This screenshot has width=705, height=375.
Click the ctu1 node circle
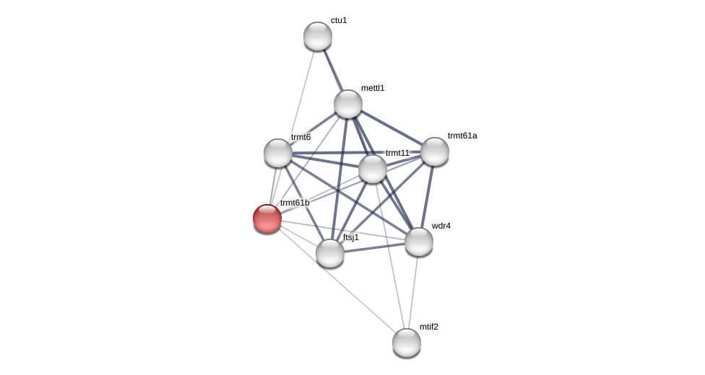click(x=318, y=36)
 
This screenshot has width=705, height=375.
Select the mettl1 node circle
click(x=348, y=104)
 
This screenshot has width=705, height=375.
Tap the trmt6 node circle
click(x=278, y=153)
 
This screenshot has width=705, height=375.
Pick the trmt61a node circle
click(x=435, y=151)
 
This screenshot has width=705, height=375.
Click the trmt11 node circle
click(x=373, y=169)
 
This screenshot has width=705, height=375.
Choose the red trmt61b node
click(x=267, y=219)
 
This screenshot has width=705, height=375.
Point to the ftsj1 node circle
click(x=330, y=253)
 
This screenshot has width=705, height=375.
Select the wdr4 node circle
click(x=419, y=242)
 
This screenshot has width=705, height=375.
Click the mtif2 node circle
click(x=407, y=343)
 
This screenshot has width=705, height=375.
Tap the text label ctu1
click(x=339, y=20)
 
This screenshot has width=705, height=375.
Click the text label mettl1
click(x=373, y=88)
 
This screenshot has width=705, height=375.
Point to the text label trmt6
click(x=300, y=137)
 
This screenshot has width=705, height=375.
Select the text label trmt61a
click(x=462, y=136)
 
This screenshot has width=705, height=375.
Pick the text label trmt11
click(x=397, y=153)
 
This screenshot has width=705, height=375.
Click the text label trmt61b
click(x=295, y=203)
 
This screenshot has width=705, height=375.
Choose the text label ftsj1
click(x=351, y=237)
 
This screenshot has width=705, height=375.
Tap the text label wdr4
click(x=441, y=226)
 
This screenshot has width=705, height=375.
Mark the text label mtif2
click(x=429, y=327)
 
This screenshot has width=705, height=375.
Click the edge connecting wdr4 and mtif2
click(x=413, y=292)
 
